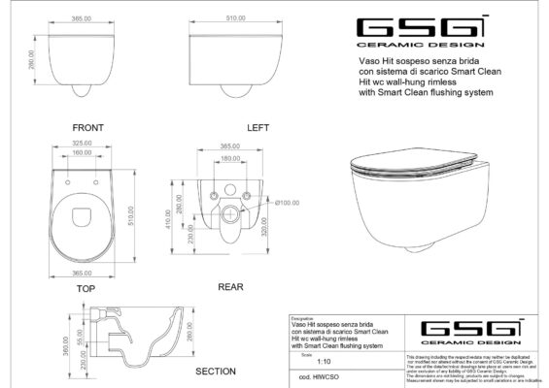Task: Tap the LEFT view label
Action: click(230, 127)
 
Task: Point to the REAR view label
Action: click(230, 287)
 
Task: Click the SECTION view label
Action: click(217, 371)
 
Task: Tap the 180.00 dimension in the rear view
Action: click(230, 157)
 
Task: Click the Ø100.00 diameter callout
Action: click(287, 203)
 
